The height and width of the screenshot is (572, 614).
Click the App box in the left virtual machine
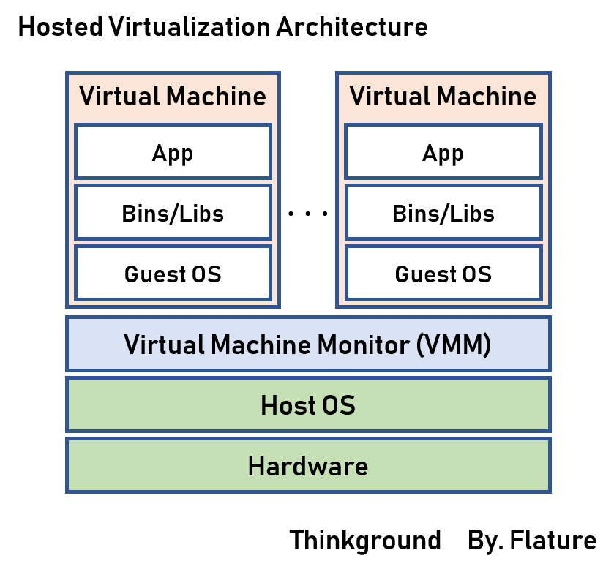173,151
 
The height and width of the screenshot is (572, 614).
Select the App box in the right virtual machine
443,151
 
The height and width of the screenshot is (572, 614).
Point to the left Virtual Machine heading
173,97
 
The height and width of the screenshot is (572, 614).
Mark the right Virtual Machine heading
443,97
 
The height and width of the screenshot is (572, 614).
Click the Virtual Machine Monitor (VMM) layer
307,344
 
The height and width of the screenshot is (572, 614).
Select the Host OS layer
307,404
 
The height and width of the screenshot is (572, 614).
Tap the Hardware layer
307,465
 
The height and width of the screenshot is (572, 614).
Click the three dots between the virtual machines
308,214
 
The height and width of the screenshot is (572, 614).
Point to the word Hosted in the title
60,28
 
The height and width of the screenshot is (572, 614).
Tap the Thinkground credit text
365,541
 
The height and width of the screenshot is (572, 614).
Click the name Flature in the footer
553,541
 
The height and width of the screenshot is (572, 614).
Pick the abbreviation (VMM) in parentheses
454,344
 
